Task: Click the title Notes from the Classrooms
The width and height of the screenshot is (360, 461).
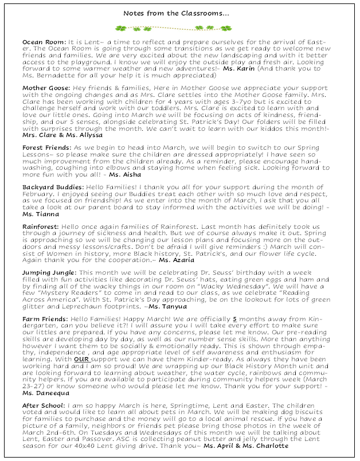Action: pos(179,11)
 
